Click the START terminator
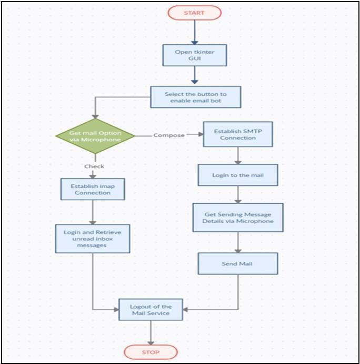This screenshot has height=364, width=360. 195,13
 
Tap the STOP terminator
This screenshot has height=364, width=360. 151,352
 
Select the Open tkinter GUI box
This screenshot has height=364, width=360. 195,54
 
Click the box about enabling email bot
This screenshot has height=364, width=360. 196,97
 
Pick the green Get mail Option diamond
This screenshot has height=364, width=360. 95,136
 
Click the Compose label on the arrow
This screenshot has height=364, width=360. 169,135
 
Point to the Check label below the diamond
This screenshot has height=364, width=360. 95,166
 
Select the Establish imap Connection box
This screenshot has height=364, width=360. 92,189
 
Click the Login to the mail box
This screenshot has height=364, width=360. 238,175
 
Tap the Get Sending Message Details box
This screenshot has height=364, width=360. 238,218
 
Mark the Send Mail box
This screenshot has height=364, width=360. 238,263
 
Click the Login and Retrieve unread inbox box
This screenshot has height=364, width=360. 92,238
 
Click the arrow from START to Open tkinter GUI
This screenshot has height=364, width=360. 195,32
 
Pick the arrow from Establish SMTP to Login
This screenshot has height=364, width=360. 238,155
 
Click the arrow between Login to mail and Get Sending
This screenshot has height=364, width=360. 238,194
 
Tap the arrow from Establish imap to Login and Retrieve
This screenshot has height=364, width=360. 92,212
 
